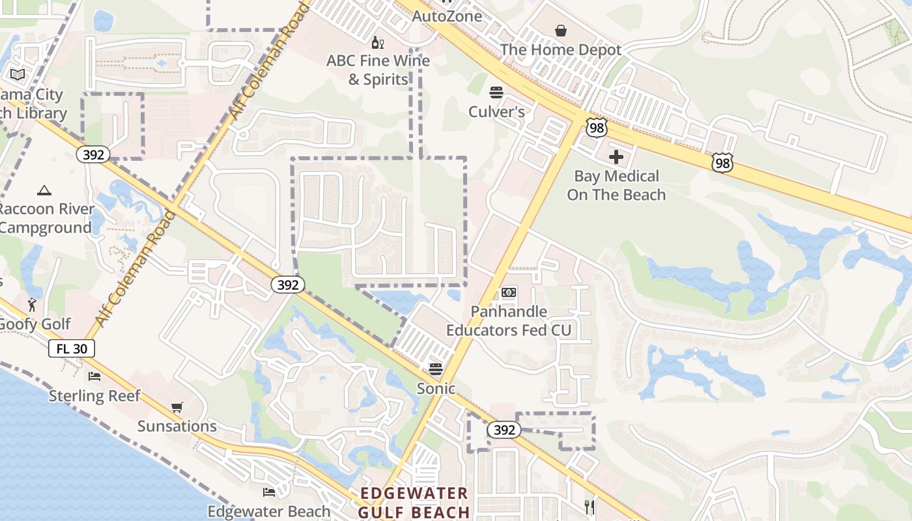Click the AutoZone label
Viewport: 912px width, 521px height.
coord(448,16)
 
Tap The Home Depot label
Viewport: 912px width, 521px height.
coord(561,49)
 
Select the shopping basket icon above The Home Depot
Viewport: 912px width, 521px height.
coord(561,30)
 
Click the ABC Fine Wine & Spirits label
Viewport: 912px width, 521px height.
coord(378,70)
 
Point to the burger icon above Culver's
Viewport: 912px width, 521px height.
coord(496,92)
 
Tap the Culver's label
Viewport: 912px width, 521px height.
coord(496,112)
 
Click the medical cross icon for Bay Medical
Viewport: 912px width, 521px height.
coord(616,157)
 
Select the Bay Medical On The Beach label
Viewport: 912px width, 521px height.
coord(616,186)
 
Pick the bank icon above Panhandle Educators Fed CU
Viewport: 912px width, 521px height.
coord(509,293)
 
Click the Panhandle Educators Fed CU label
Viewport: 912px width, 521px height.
coord(509,321)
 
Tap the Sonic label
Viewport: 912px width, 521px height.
coord(436,389)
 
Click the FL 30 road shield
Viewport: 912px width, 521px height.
coord(72,348)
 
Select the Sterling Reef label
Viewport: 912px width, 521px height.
coord(94,396)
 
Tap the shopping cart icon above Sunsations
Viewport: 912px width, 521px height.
coord(177,408)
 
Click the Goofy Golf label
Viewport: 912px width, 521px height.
coord(35,324)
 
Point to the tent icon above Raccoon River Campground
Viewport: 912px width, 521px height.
coord(44,190)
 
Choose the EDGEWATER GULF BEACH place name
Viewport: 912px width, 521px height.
coord(414,503)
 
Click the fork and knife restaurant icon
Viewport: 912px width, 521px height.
coord(590,507)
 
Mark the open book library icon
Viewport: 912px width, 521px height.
coord(18,75)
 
